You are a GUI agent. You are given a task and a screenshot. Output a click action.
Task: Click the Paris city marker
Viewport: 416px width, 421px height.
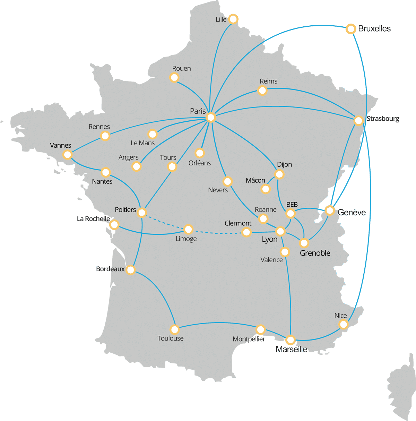211,118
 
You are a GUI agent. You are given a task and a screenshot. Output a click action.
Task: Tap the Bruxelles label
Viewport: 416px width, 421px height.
374,29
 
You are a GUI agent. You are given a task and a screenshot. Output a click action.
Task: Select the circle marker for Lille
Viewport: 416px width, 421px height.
233,19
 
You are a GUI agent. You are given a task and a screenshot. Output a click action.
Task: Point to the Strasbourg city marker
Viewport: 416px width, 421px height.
358,121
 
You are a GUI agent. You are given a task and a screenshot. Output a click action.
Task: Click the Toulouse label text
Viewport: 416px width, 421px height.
170,338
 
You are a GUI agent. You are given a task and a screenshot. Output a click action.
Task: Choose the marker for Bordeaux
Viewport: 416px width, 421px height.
130,270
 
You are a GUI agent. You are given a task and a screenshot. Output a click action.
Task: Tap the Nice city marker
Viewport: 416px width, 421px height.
343,324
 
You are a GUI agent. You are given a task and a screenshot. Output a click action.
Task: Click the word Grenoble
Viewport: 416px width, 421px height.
315,253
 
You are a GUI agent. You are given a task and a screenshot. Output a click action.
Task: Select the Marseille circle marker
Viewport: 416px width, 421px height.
291,340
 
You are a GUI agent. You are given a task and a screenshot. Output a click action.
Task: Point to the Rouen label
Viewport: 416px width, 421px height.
181,69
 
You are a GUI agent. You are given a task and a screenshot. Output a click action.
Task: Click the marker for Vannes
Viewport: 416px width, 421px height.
68,154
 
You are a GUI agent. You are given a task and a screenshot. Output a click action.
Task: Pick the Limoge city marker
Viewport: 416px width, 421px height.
188,229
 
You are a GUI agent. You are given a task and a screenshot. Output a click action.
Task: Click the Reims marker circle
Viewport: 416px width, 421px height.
262,91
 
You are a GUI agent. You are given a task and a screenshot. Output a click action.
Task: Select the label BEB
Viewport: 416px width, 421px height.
292,205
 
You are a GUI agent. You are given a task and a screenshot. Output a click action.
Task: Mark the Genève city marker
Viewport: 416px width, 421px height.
330,210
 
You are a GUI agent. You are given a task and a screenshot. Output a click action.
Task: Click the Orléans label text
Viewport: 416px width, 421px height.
199,163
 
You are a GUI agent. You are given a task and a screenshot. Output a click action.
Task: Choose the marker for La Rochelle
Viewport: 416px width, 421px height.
114,225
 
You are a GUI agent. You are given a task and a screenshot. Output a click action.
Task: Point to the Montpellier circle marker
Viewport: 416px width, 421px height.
260,329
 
